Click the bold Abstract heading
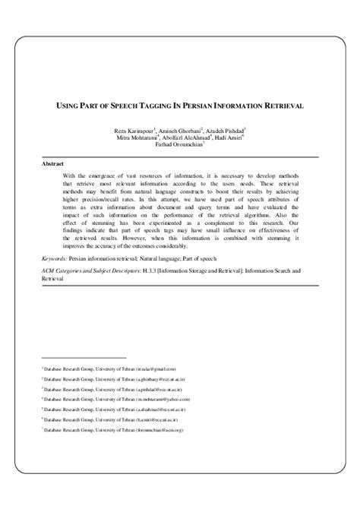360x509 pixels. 53,163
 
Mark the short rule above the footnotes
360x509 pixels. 68,356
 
